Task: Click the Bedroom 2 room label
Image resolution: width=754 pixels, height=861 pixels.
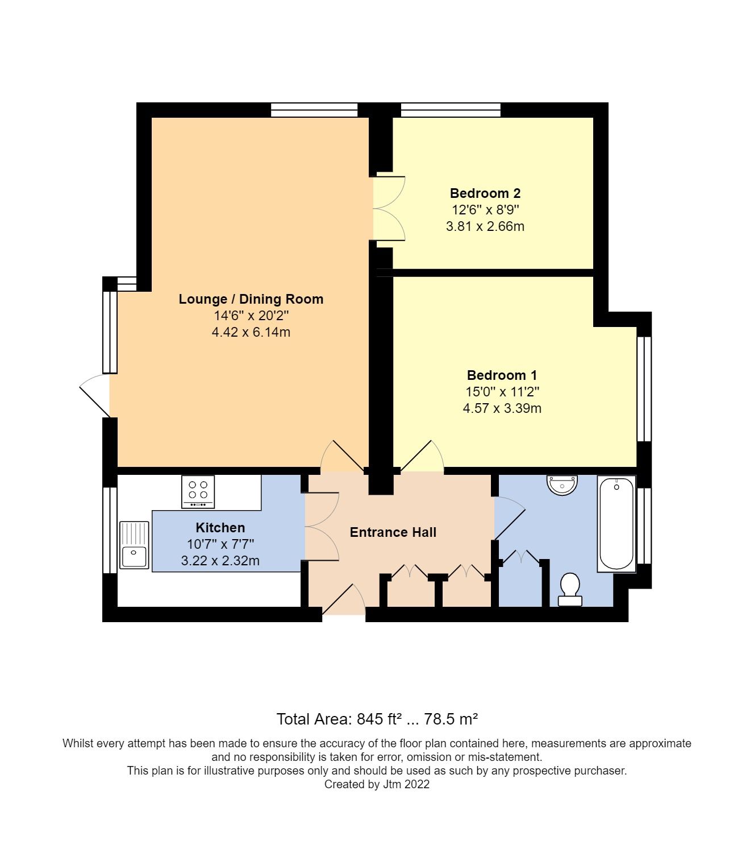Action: [485, 193]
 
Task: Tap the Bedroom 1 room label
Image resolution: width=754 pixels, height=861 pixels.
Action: [502, 375]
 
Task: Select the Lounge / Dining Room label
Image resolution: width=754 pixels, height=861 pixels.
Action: [251, 299]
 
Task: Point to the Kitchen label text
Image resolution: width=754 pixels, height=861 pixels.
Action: [220, 528]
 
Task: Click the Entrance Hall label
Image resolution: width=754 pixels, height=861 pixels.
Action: [393, 532]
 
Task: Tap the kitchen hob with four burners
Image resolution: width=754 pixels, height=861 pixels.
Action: [198, 492]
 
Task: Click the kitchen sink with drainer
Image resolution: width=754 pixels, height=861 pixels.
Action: [134, 545]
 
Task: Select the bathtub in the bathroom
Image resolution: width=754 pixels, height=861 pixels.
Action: [616, 524]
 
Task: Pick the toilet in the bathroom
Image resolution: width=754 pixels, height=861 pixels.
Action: [569, 590]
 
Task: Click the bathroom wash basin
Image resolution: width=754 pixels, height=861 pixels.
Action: [562, 485]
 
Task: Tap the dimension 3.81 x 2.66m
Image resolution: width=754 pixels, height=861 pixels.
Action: [485, 226]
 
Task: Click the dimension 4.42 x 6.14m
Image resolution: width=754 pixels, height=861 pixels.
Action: [251, 332]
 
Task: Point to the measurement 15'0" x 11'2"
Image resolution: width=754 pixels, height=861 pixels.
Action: [502, 392]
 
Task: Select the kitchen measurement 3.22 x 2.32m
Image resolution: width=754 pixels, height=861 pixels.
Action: [220, 561]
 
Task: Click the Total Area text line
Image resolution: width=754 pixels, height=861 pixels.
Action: [377, 719]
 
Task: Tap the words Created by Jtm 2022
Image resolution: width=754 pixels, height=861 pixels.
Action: [377, 784]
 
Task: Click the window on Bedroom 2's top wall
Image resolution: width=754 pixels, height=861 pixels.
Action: [451, 110]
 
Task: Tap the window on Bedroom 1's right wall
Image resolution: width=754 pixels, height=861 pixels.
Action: [644, 389]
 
